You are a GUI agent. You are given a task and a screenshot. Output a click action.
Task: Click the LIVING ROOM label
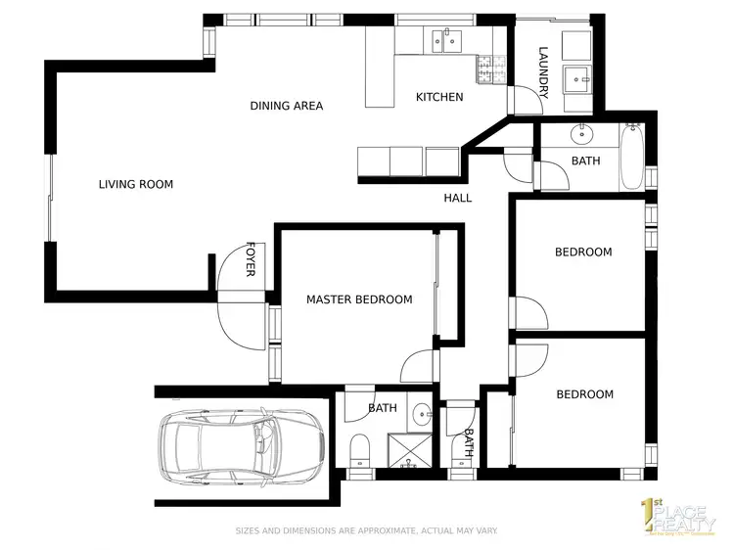(x=136, y=184)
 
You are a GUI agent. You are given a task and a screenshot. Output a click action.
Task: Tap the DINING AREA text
(x=286, y=106)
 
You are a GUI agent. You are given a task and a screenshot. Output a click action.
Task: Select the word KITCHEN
(x=439, y=97)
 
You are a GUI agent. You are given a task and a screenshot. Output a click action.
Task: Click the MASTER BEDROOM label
(x=358, y=299)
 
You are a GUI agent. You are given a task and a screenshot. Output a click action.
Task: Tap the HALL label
(x=457, y=198)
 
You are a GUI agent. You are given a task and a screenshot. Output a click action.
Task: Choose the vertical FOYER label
(x=251, y=259)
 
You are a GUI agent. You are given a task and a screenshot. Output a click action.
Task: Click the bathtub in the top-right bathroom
(x=633, y=159)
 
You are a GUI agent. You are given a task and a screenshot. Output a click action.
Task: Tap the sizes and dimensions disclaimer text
(x=366, y=531)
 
